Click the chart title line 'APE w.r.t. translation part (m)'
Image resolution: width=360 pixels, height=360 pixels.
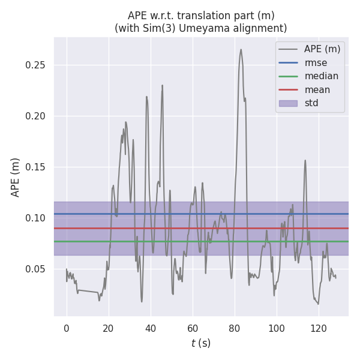200,16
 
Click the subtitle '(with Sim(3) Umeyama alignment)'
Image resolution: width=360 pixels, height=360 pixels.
200,28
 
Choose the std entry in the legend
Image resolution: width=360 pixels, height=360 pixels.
311,103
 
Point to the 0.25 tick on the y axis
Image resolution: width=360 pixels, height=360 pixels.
37,65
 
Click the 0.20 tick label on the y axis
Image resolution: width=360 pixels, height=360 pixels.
37,116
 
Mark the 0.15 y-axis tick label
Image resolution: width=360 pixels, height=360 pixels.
37,167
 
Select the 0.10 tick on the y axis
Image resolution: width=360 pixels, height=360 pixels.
37,218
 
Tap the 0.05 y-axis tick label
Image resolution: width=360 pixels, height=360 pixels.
37,269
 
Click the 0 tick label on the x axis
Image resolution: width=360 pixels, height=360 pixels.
67,328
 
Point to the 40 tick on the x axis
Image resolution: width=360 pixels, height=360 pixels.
151,328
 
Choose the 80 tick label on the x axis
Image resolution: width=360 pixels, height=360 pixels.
235,328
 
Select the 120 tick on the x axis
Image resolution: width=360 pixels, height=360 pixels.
319,328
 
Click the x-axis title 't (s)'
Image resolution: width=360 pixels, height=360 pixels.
200,343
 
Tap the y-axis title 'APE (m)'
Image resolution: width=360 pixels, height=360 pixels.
16,177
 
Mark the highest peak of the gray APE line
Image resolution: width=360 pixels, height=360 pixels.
241,50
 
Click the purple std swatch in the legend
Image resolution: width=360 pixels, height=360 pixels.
288,103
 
